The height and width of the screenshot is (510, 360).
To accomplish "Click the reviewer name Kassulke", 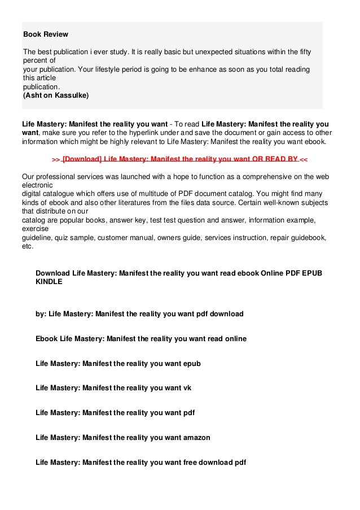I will point(70,95).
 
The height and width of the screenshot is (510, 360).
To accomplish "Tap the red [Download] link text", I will point(82,159).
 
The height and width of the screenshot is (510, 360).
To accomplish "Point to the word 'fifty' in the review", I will point(301,52).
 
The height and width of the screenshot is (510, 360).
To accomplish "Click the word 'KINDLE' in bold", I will point(49,282).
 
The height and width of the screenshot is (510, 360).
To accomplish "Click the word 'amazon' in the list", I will point(197,437).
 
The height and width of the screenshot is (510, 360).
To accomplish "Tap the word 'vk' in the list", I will point(188,388).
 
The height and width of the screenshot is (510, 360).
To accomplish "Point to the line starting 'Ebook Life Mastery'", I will point(141,339).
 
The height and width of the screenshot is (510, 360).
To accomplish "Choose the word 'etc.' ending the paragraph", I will point(28,246).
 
